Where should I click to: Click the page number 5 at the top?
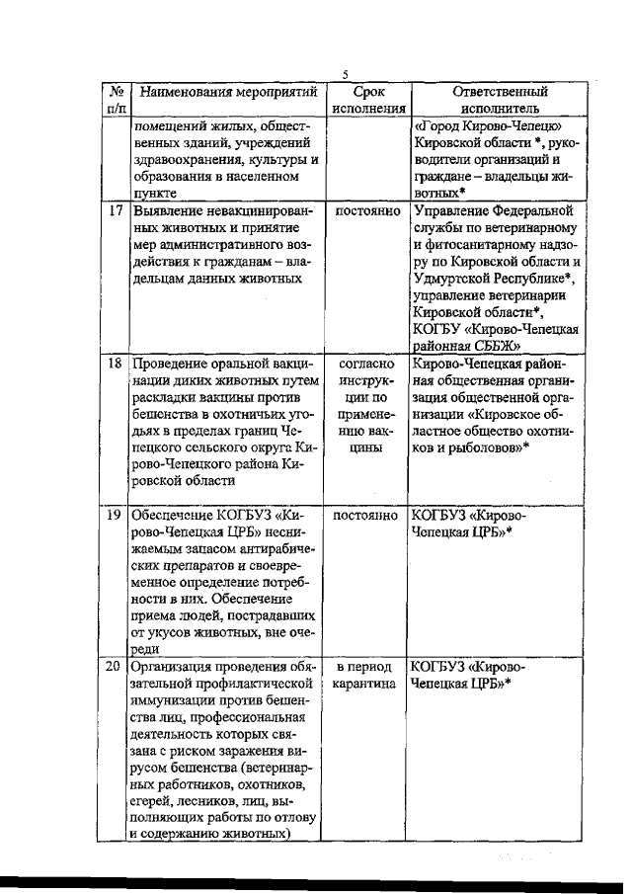tap(346, 73)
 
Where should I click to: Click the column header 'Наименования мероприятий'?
tap(228, 93)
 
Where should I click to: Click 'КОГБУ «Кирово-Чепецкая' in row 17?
tap(497, 329)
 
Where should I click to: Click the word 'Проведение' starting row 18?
tap(172, 364)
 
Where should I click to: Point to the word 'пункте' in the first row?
tap(153, 195)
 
